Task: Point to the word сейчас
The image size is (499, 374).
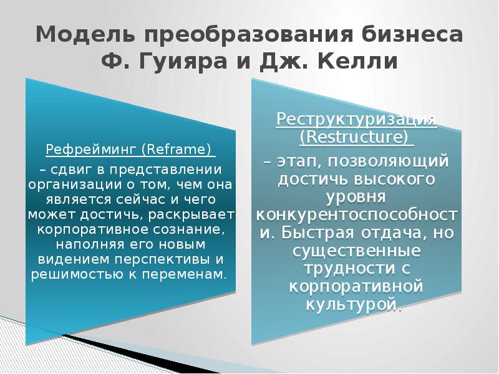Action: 131,199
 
